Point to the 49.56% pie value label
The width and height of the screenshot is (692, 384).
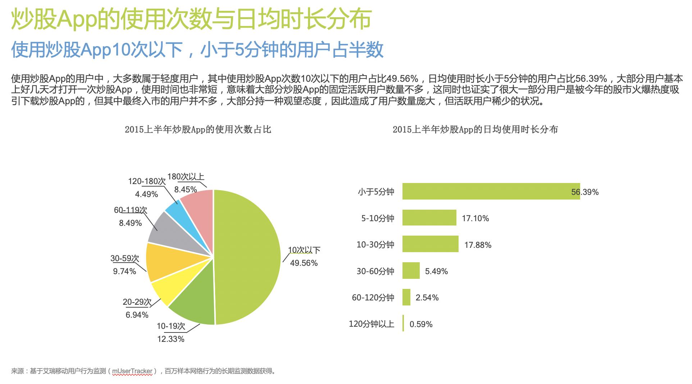tap(304, 263)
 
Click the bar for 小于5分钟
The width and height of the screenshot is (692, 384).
tap(491, 191)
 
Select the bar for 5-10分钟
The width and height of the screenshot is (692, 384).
tap(429, 218)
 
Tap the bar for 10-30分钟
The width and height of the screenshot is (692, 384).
tap(430, 244)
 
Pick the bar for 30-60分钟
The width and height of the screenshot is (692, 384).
tap(411, 271)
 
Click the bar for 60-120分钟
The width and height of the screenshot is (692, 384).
tap(406, 298)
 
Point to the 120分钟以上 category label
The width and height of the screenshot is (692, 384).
tap(371, 324)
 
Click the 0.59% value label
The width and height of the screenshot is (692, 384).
tap(421, 324)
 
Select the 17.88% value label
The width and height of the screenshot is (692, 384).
tap(478, 245)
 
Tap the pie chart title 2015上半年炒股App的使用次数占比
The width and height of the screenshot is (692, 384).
tap(198, 130)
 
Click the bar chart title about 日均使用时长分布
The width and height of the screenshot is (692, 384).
tap(475, 130)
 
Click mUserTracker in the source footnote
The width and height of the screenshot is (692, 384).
tap(132, 371)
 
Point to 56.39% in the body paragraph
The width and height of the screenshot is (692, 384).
tap(591, 79)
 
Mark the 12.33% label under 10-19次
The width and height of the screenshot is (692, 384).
tap(171, 339)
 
